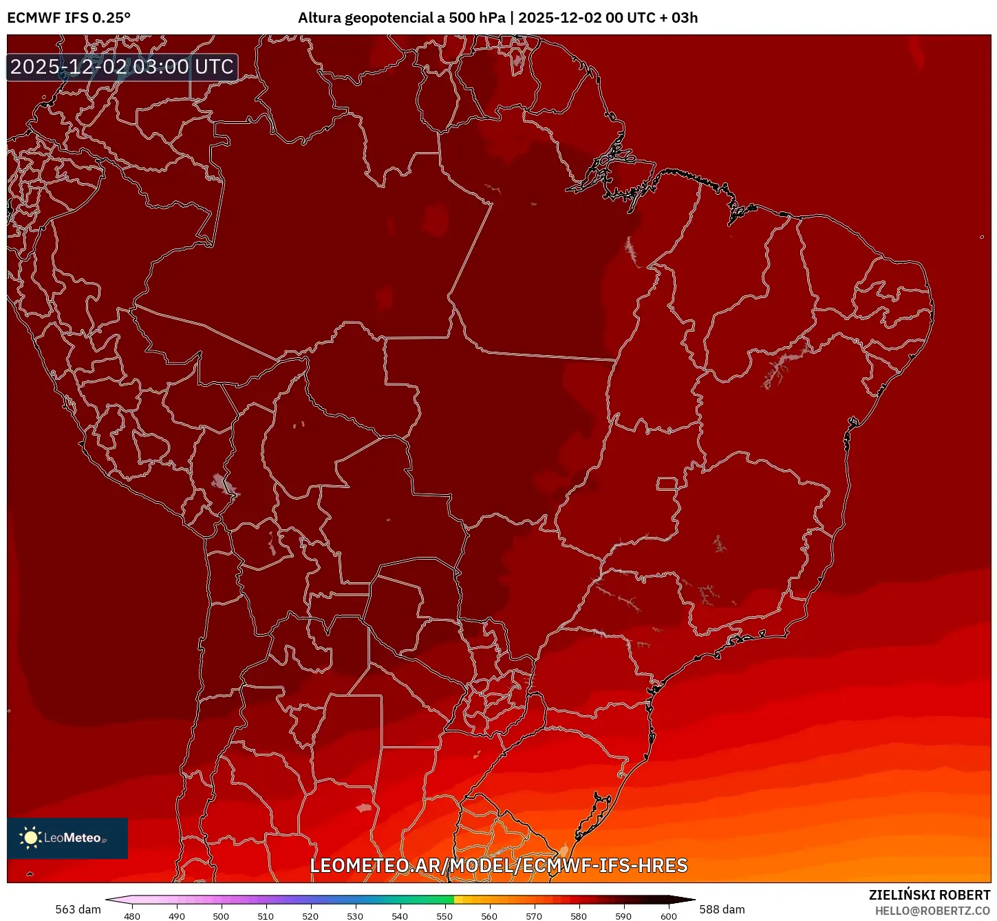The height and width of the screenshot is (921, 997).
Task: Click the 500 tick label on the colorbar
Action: coord(221,916)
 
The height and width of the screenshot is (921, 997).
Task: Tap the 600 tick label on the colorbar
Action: coord(669,916)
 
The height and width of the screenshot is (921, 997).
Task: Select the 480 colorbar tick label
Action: coord(132,916)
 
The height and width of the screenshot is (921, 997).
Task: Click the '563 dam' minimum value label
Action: coord(78,909)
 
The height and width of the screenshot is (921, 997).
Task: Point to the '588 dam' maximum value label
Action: coord(722,909)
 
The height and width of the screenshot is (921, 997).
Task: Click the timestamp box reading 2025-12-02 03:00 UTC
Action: coord(122,67)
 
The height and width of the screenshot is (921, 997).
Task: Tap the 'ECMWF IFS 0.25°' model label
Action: coord(69,18)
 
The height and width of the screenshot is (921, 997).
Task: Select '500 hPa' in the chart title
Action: coord(477,18)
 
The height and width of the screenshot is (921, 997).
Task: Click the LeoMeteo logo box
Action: coord(67,838)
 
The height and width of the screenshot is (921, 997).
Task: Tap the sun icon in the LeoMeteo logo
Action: coord(30,838)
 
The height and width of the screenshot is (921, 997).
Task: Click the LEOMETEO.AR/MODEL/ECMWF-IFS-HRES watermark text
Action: coord(499,865)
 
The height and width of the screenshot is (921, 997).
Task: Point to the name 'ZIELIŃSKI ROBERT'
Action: coord(930,895)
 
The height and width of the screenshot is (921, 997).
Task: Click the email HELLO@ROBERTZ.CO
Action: coord(932,911)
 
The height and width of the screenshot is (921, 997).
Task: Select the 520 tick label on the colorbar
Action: coord(310,916)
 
